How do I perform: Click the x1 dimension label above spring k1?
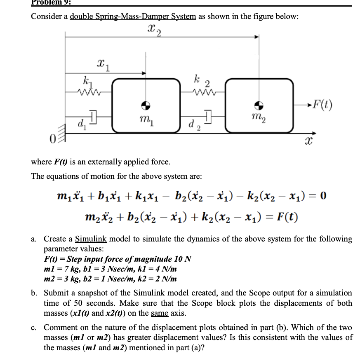click(x=102, y=65)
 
